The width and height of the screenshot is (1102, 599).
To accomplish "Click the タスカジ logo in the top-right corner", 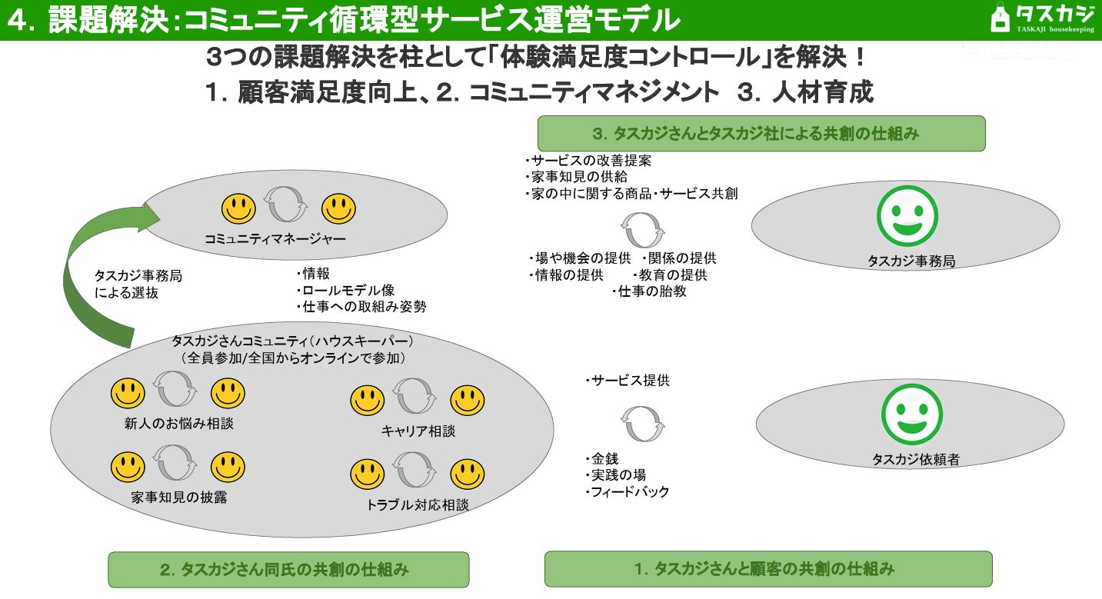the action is pyautogui.click(x=1043, y=18).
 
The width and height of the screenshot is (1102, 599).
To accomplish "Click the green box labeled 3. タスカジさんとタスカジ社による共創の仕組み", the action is pyautogui.click(x=761, y=133).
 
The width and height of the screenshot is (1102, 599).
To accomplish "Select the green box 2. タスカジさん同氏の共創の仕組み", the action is pyautogui.click(x=288, y=570).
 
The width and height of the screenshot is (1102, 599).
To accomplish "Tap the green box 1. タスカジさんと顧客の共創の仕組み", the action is pyautogui.click(x=767, y=569).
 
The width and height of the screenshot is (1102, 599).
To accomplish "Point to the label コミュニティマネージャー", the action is pyautogui.click(x=275, y=239).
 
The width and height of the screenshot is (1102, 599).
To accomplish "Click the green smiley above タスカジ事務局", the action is pyautogui.click(x=907, y=216).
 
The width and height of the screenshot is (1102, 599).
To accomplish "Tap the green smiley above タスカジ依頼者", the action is pyautogui.click(x=912, y=414).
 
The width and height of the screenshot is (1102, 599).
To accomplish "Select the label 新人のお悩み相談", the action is pyautogui.click(x=178, y=424).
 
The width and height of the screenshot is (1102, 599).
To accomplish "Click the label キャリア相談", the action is pyautogui.click(x=418, y=431).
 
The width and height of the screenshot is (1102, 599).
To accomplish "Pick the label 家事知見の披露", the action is pyautogui.click(x=178, y=498).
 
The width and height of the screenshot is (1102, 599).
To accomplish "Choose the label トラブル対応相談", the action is pyautogui.click(x=418, y=505).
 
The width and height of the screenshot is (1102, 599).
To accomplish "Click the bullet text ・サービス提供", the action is pyautogui.click(x=627, y=381).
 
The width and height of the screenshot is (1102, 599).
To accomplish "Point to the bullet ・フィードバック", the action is pyautogui.click(x=627, y=492).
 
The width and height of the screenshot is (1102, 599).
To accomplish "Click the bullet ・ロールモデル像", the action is pyautogui.click(x=345, y=290).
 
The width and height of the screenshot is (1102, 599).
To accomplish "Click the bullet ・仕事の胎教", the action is pyautogui.click(x=649, y=291).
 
